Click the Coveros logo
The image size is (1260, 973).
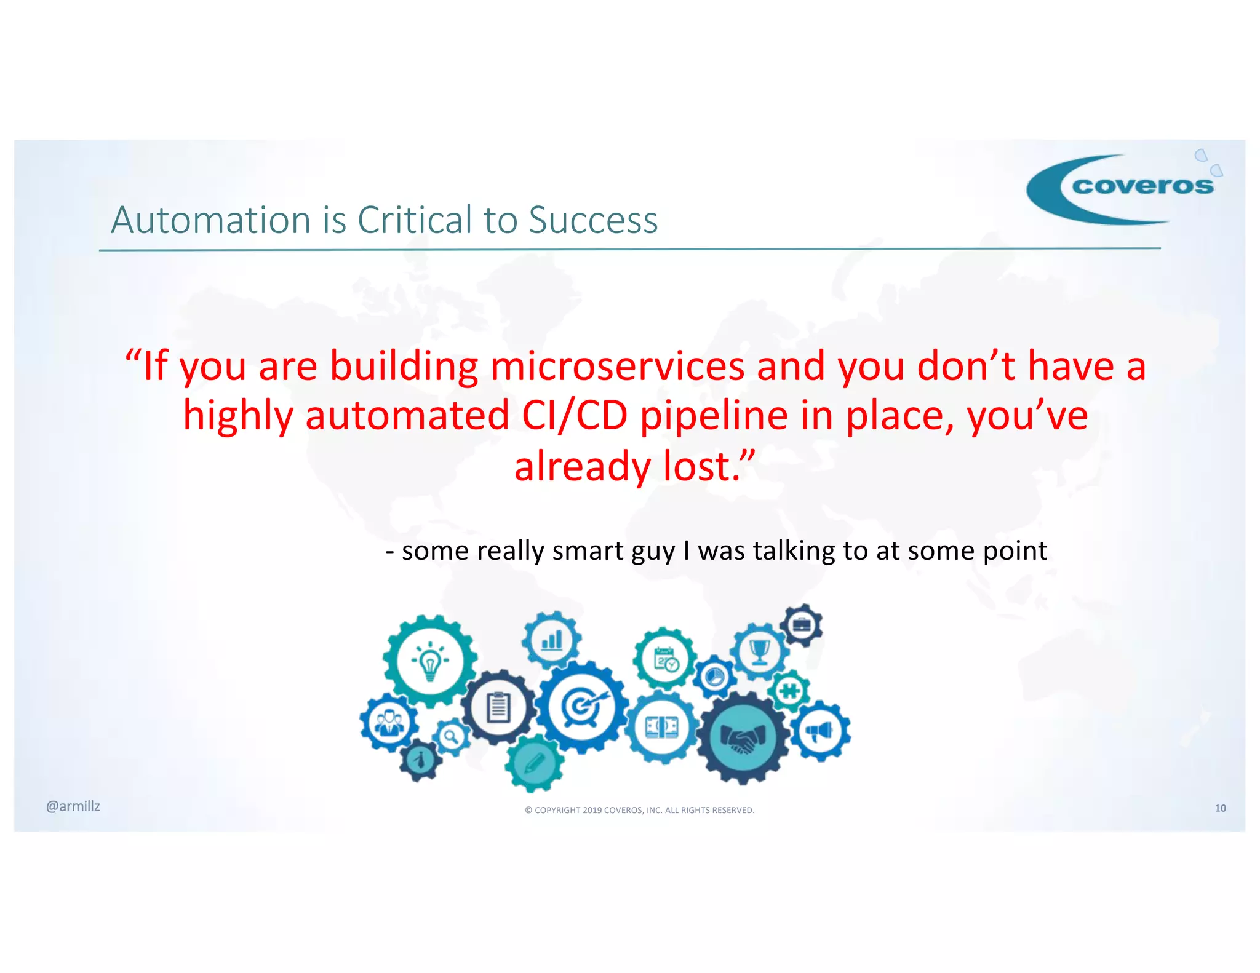[x=1123, y=188]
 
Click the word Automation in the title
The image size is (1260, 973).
[x=210, y=220]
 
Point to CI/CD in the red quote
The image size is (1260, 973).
[x=574, y=416]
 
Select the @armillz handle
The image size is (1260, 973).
[x=73, y=806]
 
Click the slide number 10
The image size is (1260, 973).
[x=1220, y=808]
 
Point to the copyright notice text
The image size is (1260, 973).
[x=639, y=810]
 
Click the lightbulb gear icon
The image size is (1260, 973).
[x=430, y=662]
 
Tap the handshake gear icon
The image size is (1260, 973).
[x=743, y=736]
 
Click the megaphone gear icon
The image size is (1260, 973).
[x=820, y=731]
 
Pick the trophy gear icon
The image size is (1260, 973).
[x=760, y=651]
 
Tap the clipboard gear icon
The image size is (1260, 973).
[x=498, y=707]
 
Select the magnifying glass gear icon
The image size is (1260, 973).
[x=452, y=736]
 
